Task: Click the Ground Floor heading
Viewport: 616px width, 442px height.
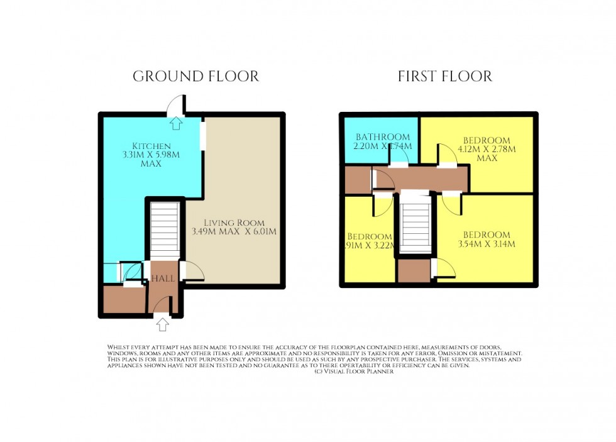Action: (195, 77)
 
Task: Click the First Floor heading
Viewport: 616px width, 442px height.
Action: (445, 77)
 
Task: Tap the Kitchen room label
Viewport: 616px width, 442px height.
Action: (142, 146)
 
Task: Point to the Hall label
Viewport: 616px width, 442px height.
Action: (162, 279)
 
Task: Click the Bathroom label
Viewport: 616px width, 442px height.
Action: (383, 137)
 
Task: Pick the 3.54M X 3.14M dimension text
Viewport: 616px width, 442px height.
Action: (487, 244)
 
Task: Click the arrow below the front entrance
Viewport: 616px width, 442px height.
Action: (163, 324)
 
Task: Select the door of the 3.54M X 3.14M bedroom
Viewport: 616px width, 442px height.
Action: (451, 203)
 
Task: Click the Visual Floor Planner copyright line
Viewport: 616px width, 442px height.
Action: (353, 372)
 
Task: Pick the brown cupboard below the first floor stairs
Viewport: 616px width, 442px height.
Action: (414, 269)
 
